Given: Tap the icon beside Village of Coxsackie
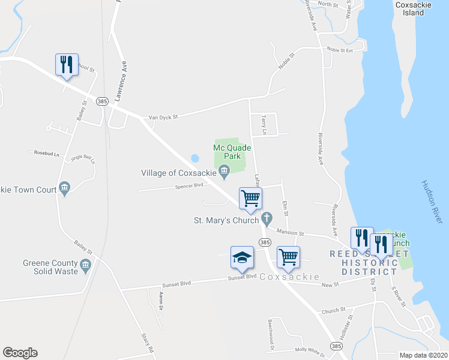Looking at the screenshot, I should click(x=224, y=173).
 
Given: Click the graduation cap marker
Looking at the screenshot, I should click(x=241, y=257).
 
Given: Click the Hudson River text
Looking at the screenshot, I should click(x=432, y=203).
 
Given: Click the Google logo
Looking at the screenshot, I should click(x=20, y=353).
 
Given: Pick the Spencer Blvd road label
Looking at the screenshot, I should click(x=189, y=188).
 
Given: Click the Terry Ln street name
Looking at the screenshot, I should click(x=264, y=125).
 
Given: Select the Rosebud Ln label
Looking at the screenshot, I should click(x=47, y=154).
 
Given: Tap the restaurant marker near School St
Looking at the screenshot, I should click(x=65, y=64).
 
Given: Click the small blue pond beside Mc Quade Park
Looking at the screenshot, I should click(x=194, y=158).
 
